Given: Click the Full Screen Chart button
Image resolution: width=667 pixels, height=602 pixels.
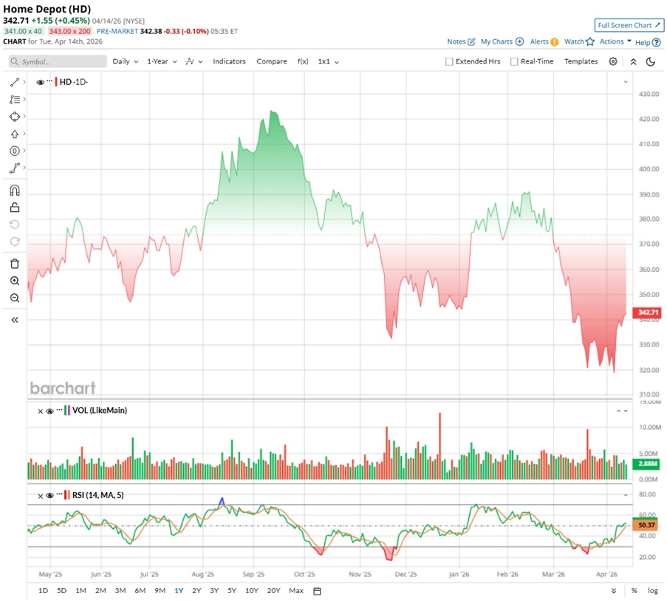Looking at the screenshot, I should [629, 25].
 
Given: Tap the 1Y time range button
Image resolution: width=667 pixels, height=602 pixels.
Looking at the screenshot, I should [179, 590].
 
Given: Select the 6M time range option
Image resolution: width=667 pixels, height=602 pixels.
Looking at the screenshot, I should [140, 590].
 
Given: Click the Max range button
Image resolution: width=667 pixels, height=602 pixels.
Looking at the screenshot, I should [296, 590].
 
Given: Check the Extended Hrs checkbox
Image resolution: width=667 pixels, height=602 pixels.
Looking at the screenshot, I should [449, 62].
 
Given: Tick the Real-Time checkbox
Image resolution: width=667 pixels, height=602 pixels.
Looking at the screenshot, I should [514, 62].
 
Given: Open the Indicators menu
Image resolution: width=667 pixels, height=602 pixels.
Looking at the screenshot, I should [229, 61].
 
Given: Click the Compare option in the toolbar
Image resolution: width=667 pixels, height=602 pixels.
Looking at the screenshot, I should [271, 61].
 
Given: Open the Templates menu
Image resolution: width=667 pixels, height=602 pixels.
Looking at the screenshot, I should [581, 61].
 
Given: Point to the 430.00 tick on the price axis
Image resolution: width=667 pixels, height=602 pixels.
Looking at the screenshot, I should [649, 95].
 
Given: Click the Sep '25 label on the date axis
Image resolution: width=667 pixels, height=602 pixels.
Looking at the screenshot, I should [253, 572].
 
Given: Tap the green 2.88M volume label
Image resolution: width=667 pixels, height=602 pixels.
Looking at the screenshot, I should [648, 463].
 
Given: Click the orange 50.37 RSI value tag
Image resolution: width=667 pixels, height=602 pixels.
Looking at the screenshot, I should [647, 525].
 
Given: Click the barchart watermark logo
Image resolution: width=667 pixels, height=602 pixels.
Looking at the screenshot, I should [63, 388].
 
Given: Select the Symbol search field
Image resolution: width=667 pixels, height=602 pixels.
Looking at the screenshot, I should [55, 62].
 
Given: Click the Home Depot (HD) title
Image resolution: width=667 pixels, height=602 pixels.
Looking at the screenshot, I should [46, 9].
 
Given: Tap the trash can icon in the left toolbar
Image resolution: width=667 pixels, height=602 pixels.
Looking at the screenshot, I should [15, 264].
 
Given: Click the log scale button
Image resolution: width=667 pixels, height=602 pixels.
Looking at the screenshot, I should [653, 590].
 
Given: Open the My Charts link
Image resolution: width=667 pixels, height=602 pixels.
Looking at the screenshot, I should [502, 42].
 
